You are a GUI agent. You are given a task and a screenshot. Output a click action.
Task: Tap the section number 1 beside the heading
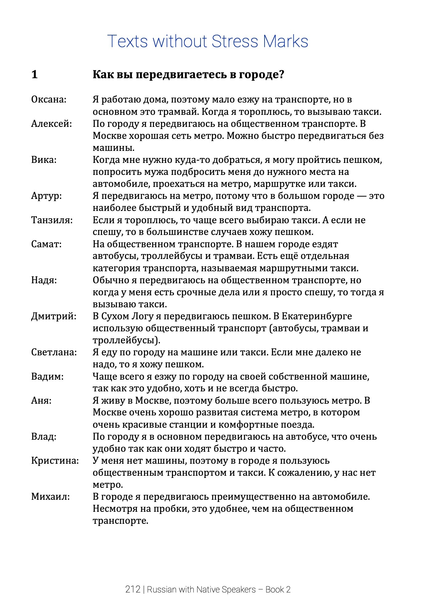pyautogui.click(x=34, y=75)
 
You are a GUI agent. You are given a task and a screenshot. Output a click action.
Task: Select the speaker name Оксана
pyautogui.click(x=49, y=100)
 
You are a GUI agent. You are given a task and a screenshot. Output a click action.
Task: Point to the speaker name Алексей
pyautogui.click(x=51, y=124)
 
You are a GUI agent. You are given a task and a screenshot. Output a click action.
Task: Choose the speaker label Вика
pyautogui.click(x=44, y=160)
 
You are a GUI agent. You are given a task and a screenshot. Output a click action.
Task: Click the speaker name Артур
pyautogui.click(x=46, y=196)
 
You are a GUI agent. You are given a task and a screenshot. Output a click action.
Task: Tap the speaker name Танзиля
pyautogui.click(x=52, y=220)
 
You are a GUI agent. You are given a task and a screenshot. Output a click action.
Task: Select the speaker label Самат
pyautogui.click(x=46, y=244)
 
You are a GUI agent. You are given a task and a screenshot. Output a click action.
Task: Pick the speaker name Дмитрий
pyautogui.click(x=54, y=316)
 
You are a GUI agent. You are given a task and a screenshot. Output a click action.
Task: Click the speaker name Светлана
pyautogui.click(x=54, y=352)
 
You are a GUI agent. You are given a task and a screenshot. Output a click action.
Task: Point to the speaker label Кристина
pyautogui.click(x=55, y=461)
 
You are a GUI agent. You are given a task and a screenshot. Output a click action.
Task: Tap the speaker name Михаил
pyautogui.click(x=50, y=497)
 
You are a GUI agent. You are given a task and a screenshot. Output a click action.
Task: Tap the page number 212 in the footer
pyautogui.click(x=133, y=590)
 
